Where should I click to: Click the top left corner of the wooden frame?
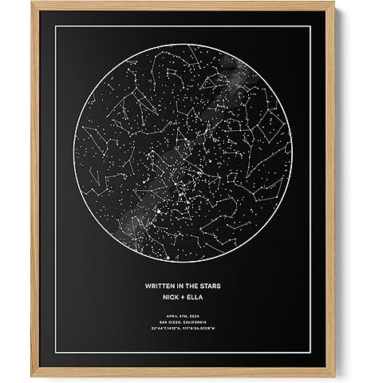pyautogui.click(x=31, y=3)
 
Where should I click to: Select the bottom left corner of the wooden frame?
pyautogui.click(x=31, y=380)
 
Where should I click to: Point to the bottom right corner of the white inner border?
pyautogui.click(x=329, y=357)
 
